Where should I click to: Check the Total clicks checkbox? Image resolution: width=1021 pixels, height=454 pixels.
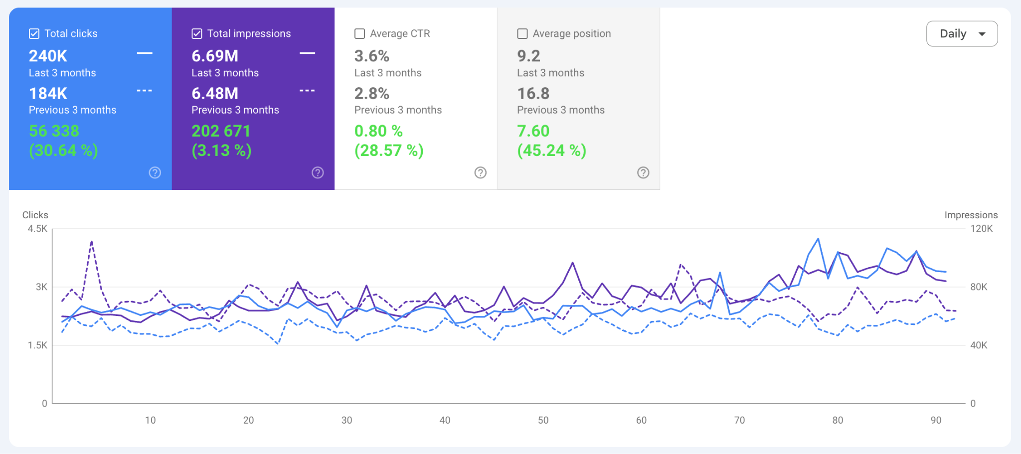click(x=34, y=33)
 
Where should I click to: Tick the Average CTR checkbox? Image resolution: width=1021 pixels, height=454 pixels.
click(x=359, y=33)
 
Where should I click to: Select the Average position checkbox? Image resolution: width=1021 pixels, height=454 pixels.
click(x=522, y=33)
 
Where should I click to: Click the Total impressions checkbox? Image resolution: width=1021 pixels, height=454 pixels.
click(x=197, y=33)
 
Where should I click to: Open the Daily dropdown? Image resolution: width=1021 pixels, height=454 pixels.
click(x=962, y=33)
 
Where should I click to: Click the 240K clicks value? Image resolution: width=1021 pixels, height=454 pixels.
click(x=48, y=56)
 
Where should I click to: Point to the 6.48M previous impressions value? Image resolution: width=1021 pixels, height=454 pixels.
click(x=215, y=93)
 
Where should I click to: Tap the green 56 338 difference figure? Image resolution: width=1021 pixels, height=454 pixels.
click(x=54, y=131)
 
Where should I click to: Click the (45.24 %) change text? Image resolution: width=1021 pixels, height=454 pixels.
click(x=551, y=151)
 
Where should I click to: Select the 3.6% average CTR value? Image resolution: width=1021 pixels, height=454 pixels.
click(x=371, y=56)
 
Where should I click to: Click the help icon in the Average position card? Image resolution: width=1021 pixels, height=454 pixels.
click(x=643, y=172)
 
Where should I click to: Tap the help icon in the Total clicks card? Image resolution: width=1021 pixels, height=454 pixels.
click(x=155, y=172)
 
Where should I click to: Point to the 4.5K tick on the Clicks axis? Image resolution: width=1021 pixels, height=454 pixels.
click(x=37, y=229)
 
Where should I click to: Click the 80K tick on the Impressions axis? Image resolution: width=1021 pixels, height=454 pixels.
click(x=979, y=287)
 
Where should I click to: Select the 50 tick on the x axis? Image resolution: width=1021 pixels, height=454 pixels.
click(x=543, y=420)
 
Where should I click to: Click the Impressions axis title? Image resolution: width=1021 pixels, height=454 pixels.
click(x=971, y=215)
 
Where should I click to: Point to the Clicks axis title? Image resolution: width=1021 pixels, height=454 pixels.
click(x=35, y=215)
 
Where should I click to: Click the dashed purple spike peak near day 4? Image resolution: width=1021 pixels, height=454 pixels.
click(x=92, y=242)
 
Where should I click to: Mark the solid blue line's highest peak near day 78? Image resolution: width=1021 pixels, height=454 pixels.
click(x=818, y=239)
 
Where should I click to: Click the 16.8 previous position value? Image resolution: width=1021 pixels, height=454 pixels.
click(x=533, y=93)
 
